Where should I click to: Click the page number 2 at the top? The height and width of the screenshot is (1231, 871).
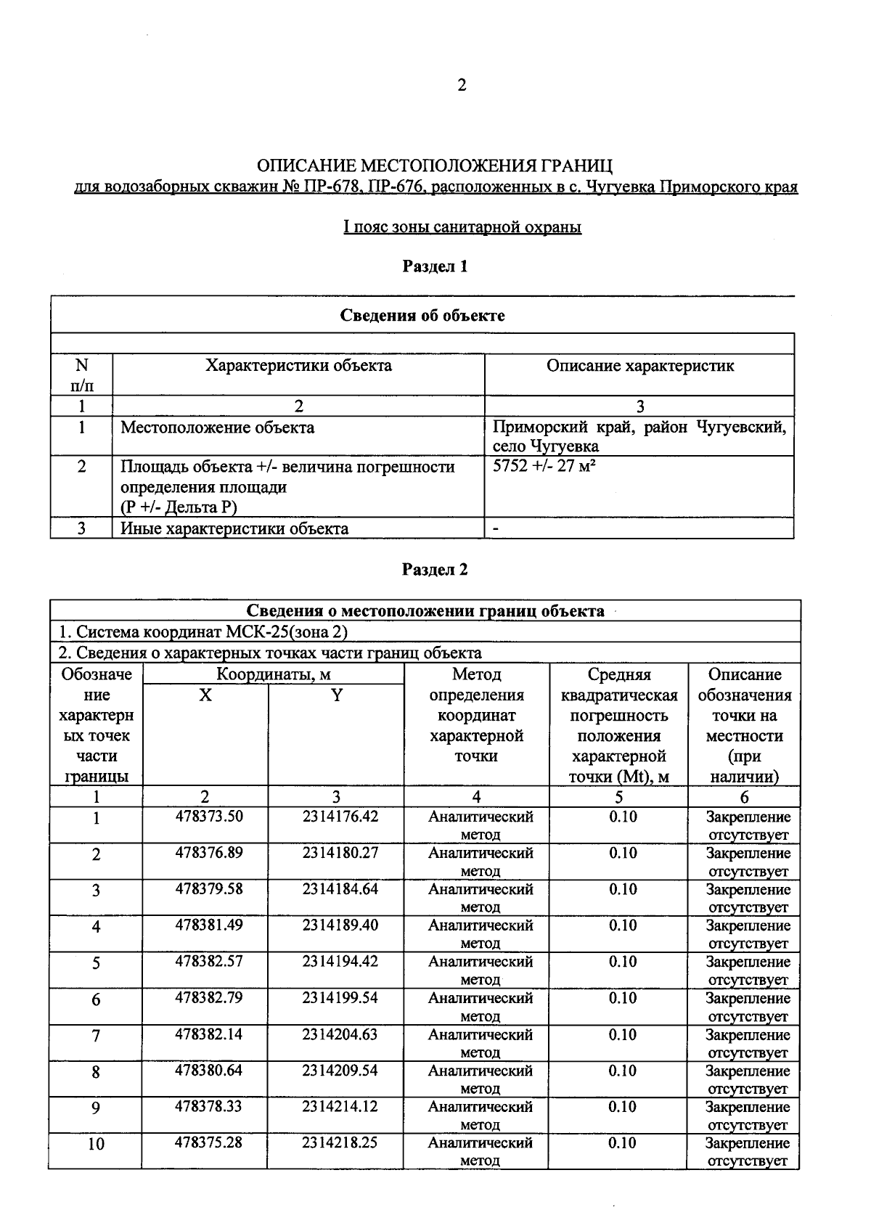click(x=462, y=86)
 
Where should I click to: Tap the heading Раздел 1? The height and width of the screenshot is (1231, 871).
click(x=435, y=266)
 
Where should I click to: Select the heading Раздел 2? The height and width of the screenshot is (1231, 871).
click(x=435, y=569)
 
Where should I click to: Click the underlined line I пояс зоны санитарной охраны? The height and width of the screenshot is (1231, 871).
click(x=462, y=227)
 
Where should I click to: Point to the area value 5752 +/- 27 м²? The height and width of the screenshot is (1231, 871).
click(x=544, y=466)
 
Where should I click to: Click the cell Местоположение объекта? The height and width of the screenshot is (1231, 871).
click(x=217, y=428)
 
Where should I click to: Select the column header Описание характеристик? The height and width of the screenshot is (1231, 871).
click(x=639, y=366)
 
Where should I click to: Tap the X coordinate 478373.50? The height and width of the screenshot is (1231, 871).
click(x=209, y=816)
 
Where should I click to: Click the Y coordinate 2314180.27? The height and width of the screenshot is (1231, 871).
click(x=340, y=852)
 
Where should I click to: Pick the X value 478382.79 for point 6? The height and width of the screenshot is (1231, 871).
click(x=209, y=997)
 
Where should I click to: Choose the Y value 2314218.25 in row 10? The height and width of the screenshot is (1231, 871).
click(x=340, y=1142)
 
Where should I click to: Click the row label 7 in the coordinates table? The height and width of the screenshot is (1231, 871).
click(x=96, y=1036)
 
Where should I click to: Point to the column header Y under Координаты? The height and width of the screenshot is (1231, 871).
click(x=336, y=695)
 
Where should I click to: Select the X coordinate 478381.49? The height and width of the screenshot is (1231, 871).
click(x=209, y=925)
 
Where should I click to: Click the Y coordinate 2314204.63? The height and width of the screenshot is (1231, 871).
click(x=340, y=1034)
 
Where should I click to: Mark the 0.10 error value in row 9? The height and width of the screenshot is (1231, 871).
click(x=623, y=1106)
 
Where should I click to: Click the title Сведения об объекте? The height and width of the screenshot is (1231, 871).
click(x=422, y=316)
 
